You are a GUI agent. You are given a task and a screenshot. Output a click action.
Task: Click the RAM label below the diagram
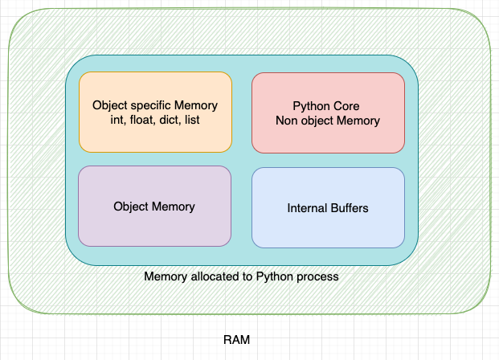point(236,340)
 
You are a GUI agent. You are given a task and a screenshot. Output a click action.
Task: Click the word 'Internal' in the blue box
point(306,208)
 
